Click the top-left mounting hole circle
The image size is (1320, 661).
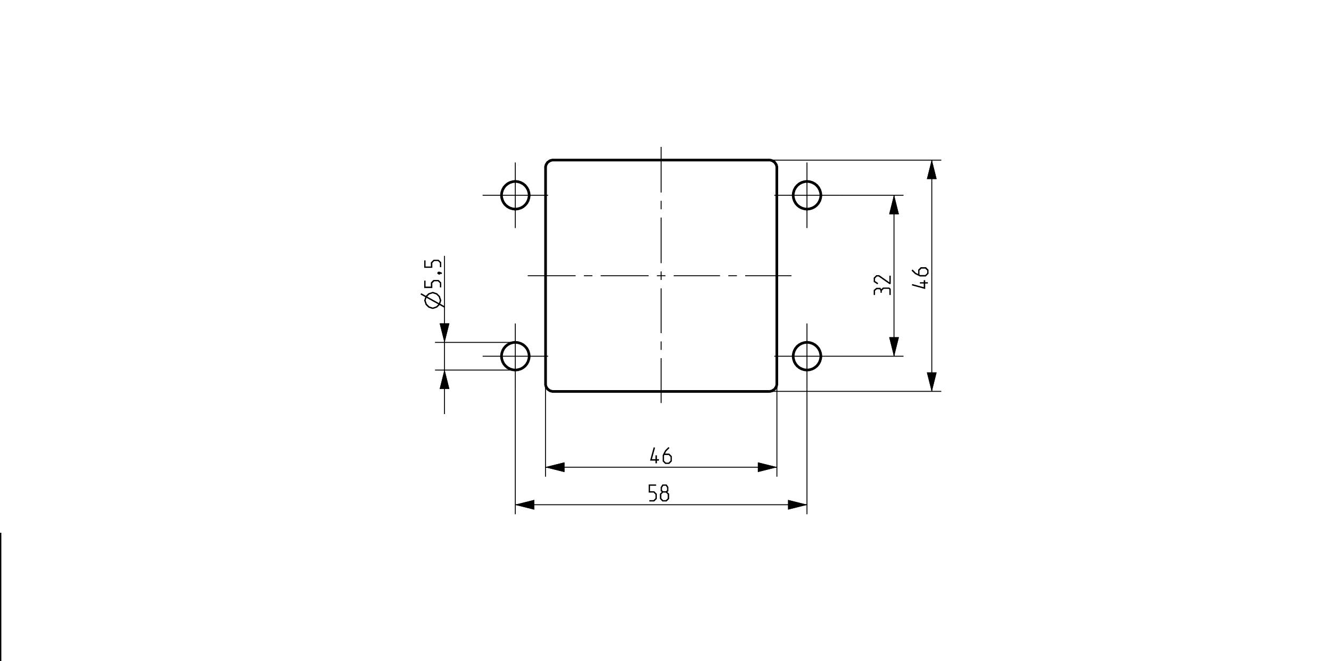(x=515, y=195)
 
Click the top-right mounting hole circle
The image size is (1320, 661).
(x=807, y=195)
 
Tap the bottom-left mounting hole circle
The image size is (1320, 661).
(x=515, y=356)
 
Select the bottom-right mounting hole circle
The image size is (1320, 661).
(x=807, y=356)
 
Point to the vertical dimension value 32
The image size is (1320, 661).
(x=882, y=285)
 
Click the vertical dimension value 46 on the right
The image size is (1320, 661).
(x=920, y=278)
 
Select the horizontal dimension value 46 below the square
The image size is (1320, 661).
(x=661, y=456)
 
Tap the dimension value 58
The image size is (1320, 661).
(x=659, y=494)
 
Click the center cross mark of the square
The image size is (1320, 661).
(x=661, y=276)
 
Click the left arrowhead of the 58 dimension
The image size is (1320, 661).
(x=525, y=505)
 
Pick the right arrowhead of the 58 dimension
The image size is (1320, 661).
(x=797, y=505)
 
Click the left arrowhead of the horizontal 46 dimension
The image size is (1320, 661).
(x=555, y=467)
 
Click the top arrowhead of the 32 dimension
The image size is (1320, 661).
(x=894, y=205)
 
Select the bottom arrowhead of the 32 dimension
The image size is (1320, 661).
(x=894, y=346)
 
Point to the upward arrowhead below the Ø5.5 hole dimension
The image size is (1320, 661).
(x=444, y=379)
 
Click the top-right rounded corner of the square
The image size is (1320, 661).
(x=775, y=162)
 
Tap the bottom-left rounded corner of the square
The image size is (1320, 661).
(x=548, y=390)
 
